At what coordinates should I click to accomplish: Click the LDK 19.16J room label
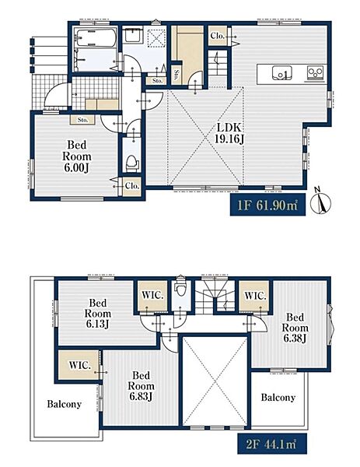tap(229, 133)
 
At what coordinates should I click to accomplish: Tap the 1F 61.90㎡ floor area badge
tap(267, 205)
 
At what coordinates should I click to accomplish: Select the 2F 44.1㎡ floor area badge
tap(271, 444)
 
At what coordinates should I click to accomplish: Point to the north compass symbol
tap(320, 202)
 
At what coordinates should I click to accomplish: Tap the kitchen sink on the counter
tap(281, 73)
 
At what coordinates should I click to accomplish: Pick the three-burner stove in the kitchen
tap(315, 73)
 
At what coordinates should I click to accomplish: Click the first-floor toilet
tap(132, 163)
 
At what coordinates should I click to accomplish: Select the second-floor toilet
tap(180, 287)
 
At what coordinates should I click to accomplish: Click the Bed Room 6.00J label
tap(76, 156)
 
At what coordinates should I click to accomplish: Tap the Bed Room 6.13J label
tap(98, 314)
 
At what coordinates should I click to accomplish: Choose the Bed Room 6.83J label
tap(141, 386)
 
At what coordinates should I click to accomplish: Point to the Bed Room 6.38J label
tap(295, 328)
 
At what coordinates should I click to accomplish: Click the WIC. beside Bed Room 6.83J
tap(80, 365)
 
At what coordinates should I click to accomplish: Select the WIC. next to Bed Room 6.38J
tap(255, 296)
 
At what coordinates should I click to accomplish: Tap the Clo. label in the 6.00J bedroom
tap(132, 186)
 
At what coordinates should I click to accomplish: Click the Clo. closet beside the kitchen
tap(217, 36)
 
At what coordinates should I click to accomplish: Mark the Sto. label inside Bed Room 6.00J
tap(82, 120)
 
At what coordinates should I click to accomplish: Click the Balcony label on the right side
tap(278, 397)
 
